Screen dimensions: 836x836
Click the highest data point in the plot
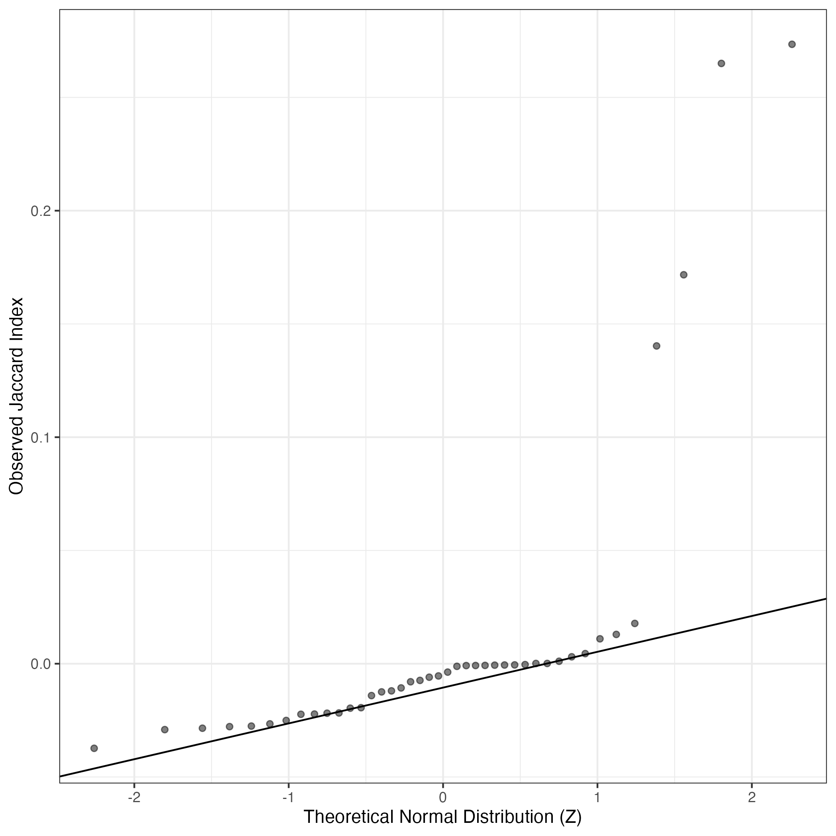pos(792,44)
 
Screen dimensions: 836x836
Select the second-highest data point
pos(721,63)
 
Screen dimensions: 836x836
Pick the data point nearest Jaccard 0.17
pos(684,275)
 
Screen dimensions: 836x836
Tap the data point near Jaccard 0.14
pos(656,346)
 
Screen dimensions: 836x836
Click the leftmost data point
pos(94,748)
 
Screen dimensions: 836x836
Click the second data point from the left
pos(164,730)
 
